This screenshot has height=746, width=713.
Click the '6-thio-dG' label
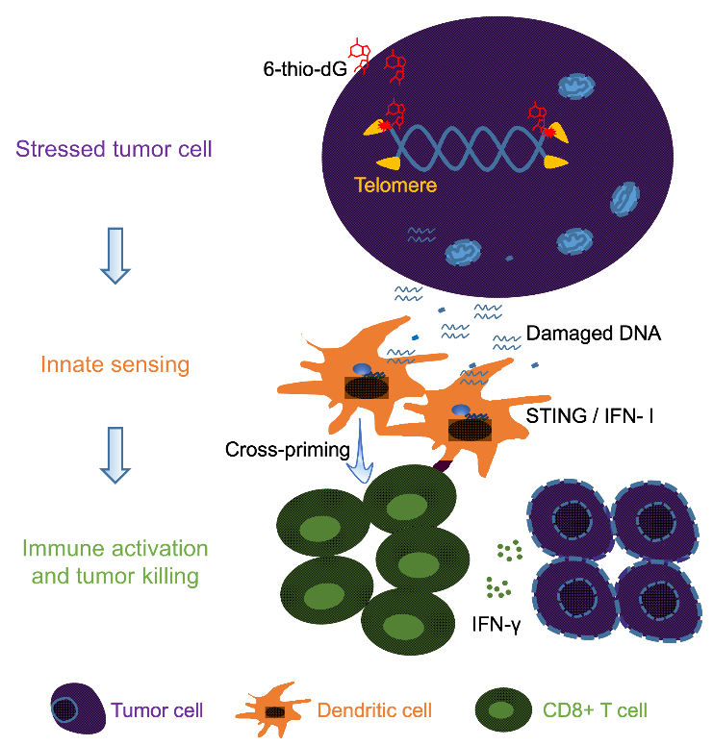(x=303, y=68)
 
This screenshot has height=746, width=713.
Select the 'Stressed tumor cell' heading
(x=115, y=149)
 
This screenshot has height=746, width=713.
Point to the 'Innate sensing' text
(x=115, y=364)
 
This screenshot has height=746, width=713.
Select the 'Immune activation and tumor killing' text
(x=115, y=562)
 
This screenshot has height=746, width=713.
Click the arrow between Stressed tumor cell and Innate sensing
(x=115, y=255)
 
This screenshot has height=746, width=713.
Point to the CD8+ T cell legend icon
(x=500, y=711)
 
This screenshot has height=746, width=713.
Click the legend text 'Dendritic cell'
(x=375, y=711)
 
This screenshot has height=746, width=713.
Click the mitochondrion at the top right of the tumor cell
(x=579, y=87)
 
